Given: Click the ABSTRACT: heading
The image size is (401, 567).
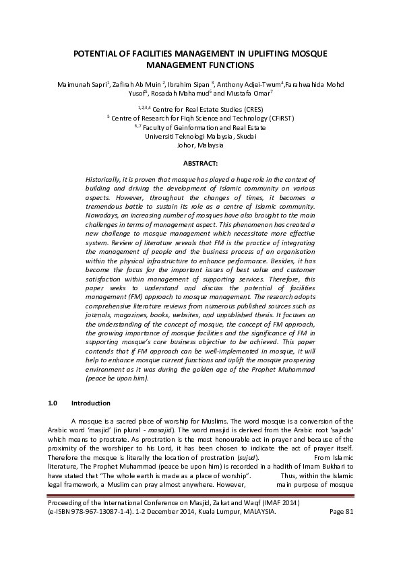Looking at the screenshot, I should pos(200,163).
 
